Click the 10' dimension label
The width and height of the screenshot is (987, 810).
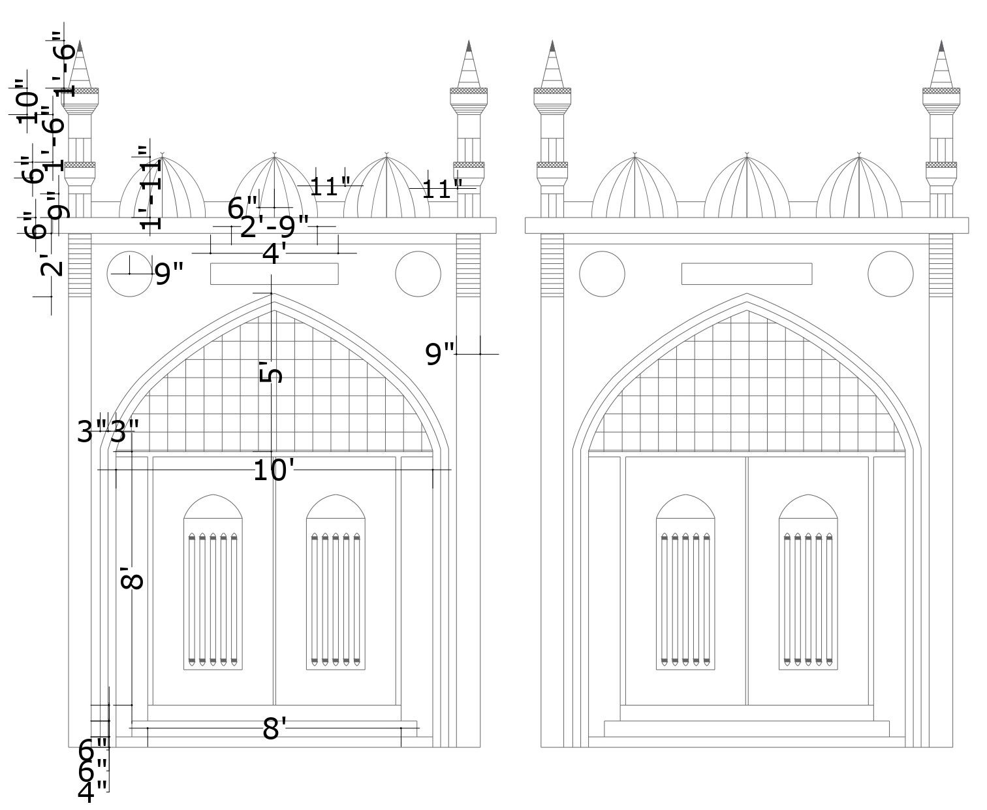(x=270, y=470)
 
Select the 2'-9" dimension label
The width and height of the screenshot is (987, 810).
(x=274, y=227)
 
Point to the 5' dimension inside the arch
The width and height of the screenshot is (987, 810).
(x=272, y=373)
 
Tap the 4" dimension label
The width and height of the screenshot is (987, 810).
(x=92, y=792)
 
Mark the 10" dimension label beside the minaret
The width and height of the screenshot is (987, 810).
(x=27, y=102)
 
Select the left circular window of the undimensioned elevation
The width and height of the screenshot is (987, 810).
(x=602, y=274)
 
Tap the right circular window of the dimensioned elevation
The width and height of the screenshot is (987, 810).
(x=418, y=274)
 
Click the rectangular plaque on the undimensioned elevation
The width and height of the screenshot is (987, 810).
(x=747, y=274)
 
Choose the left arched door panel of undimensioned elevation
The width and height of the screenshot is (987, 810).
(x=685, y=581)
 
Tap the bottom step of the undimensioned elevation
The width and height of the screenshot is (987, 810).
(x=747, y=728)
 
